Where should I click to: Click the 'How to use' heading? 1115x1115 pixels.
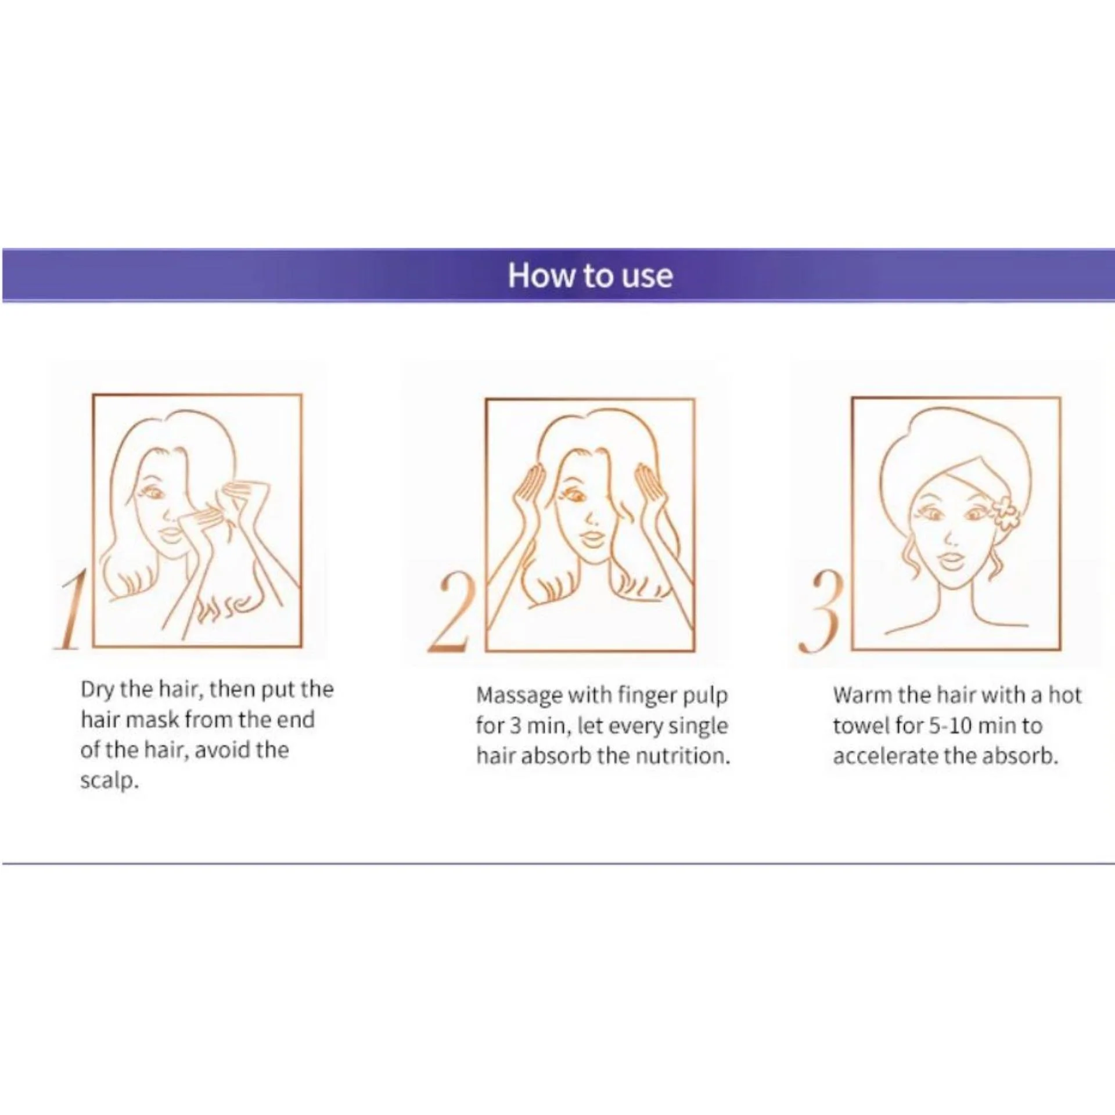pyautogui.click(x=590, y=275)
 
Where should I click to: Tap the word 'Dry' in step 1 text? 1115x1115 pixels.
pyautogui.click(x=96, y=690)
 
